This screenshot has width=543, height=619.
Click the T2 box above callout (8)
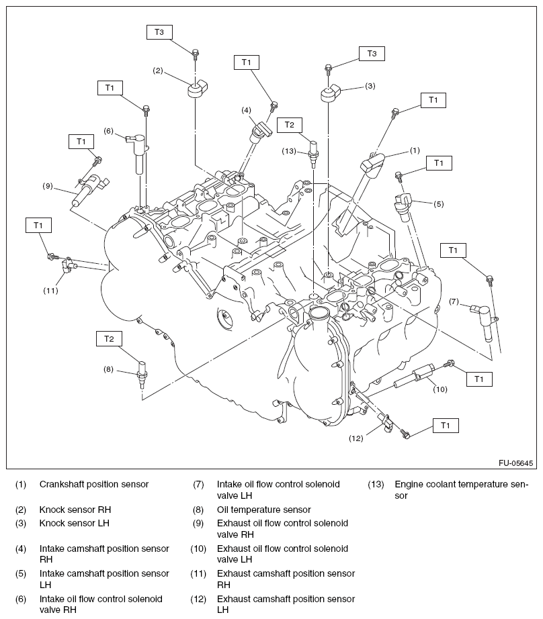tap(109, 338)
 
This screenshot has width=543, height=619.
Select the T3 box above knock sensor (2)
tap(159, 32)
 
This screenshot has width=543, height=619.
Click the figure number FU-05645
tap(515, 463)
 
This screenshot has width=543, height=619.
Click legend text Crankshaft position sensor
tap(94, 484)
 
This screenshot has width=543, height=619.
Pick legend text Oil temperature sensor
tap(264, 510)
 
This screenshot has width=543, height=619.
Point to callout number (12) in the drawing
tap(356, 438)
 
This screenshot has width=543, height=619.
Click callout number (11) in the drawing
tap(51, 291)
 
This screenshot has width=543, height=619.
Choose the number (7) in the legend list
tap(198, 484)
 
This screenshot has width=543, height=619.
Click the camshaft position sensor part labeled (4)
tap(259, 130)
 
